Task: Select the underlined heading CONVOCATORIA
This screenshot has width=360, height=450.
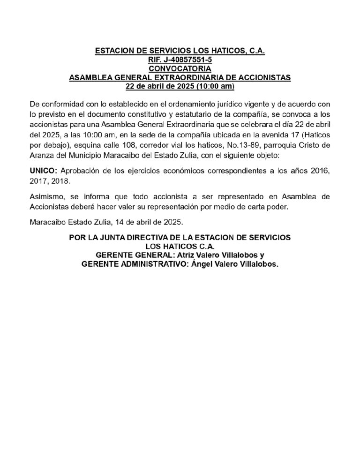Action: (180, 68)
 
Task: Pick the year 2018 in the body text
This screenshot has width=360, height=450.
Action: (60, 181)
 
